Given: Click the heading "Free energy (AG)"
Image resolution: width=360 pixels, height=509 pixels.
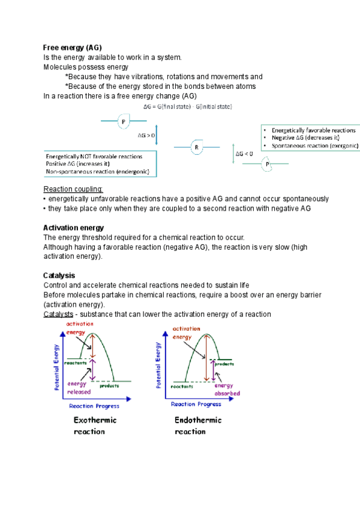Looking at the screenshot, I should pos(73,47).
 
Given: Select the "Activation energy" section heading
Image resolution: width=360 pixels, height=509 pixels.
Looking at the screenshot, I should pos(74,227).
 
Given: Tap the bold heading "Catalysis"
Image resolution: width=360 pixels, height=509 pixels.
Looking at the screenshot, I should pos(59,276).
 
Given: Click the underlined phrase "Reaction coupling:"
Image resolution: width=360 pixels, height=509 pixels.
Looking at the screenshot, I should pos(73,189).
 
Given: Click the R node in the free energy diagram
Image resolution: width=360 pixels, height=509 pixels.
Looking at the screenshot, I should pos(196,147).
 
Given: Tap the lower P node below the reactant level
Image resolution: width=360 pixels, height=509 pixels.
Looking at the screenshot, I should pos(267,164).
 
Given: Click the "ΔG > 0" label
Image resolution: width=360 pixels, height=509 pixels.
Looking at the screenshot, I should pos(146,136).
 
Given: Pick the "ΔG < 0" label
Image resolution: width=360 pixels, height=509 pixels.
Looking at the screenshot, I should pos(244,154).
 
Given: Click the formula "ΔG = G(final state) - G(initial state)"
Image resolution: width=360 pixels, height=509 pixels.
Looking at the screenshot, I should pos(188,106).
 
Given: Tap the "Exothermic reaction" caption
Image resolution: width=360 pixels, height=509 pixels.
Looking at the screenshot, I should pos(95,426).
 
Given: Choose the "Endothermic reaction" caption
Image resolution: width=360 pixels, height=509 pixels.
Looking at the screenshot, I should pos(197,426).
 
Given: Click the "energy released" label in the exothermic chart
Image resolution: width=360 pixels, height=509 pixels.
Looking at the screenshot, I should pos(79,388).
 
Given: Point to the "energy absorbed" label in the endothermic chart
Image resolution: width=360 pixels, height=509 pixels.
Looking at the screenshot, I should pos(227,390).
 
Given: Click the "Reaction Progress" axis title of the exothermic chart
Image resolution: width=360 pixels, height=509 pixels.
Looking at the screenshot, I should pos(93,406).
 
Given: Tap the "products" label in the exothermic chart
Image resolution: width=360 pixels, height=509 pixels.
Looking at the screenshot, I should pos(109,385).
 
